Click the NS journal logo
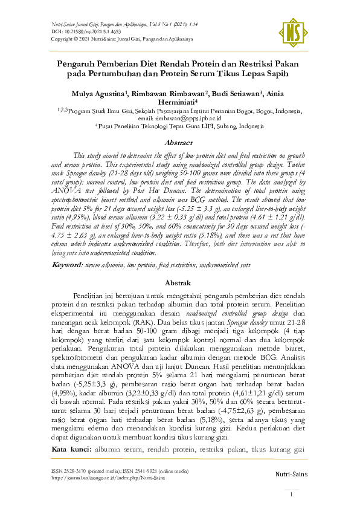point(294,28)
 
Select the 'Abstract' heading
point(180,143)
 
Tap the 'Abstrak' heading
point(180,282)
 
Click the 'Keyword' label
point(67,265)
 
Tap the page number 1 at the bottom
point(292,494)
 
